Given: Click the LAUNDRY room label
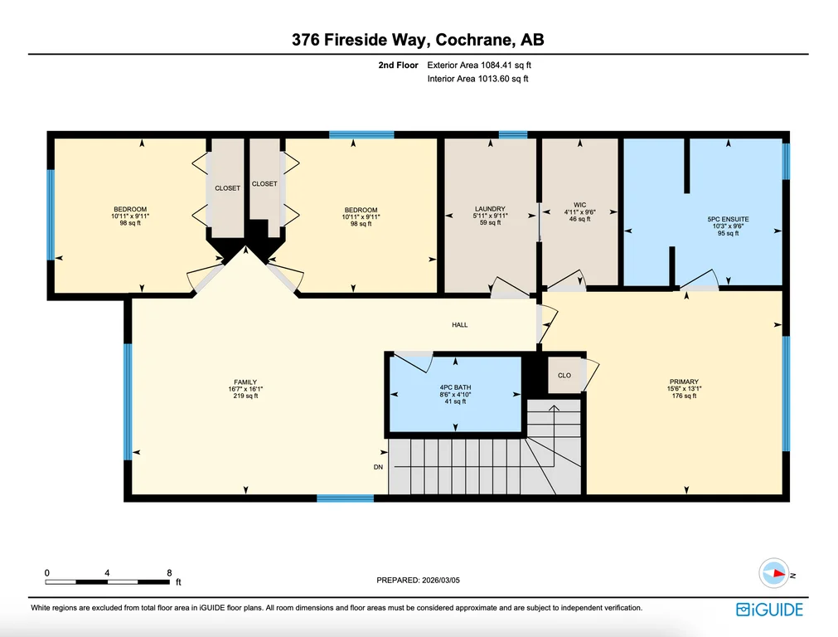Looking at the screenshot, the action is click(x=490, y=209).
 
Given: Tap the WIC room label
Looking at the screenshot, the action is click(x=580, y=205).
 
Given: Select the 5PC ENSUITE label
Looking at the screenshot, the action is click(x=728, y=219).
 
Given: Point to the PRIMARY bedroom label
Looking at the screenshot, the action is click(x=684, y=382).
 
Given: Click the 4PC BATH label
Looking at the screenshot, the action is click(x=455, y=387).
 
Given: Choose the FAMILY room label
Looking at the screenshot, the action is click(x=245, y=382).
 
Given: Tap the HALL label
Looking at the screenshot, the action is click(x=460, y=324).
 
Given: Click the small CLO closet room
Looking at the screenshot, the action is click(x=564, y=376).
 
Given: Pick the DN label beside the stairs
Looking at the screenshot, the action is click(x=378, y=467).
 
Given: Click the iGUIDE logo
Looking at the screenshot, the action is click(x=769, y=610).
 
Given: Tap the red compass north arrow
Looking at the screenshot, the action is click(x=778, y=573).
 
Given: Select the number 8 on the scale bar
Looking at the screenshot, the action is click(x=169, y=573).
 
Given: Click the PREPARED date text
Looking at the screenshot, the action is click(x=418, y=580).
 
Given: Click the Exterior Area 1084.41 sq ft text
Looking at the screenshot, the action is click(x=479, y=66).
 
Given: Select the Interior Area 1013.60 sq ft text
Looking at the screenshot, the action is click(x=477, y=79).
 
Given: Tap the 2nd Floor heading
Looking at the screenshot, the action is click(x=398, y=66).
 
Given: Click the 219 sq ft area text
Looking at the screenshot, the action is click(x=245, y=396).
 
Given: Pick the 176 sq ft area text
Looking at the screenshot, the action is click(x=684, y=396).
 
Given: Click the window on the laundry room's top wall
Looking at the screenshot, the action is click(x=513, y=134).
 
